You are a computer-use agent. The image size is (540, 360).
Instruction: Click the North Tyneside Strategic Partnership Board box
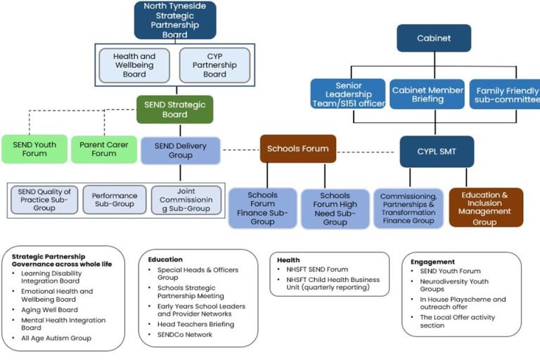click(x=174, y=20)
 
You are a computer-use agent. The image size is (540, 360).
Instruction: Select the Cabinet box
click(x=433, y=38)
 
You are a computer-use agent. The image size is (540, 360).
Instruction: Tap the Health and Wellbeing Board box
click(x=134, y=65)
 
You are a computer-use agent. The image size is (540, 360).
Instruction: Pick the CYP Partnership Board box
click(x=214, y=65)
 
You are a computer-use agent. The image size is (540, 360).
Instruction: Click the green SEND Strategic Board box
click(x=174, y=110)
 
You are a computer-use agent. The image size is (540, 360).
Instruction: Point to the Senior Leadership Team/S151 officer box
click(x=348, y=94)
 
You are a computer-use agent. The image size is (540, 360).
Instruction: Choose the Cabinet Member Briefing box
click(x=427, y=94)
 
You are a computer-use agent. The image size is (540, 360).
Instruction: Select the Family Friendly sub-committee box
click(x=506, y=94)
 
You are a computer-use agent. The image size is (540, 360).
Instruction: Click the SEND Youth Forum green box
click(x=34, y=148)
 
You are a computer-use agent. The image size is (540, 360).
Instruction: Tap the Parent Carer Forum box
click(x=103, y=148)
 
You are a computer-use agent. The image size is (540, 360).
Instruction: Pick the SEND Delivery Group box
click(x=180, y=150)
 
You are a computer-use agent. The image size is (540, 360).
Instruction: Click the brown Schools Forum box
click(x=297, y=148)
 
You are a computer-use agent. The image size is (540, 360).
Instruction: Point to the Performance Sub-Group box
click(x=114, y=200)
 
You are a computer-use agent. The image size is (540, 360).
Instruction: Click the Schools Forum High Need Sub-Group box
click(x=335, y=209)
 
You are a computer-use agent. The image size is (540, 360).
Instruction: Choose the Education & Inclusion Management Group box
click(x=486, y=207)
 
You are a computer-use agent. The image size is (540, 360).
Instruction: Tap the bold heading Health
click(x=288, y=259)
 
